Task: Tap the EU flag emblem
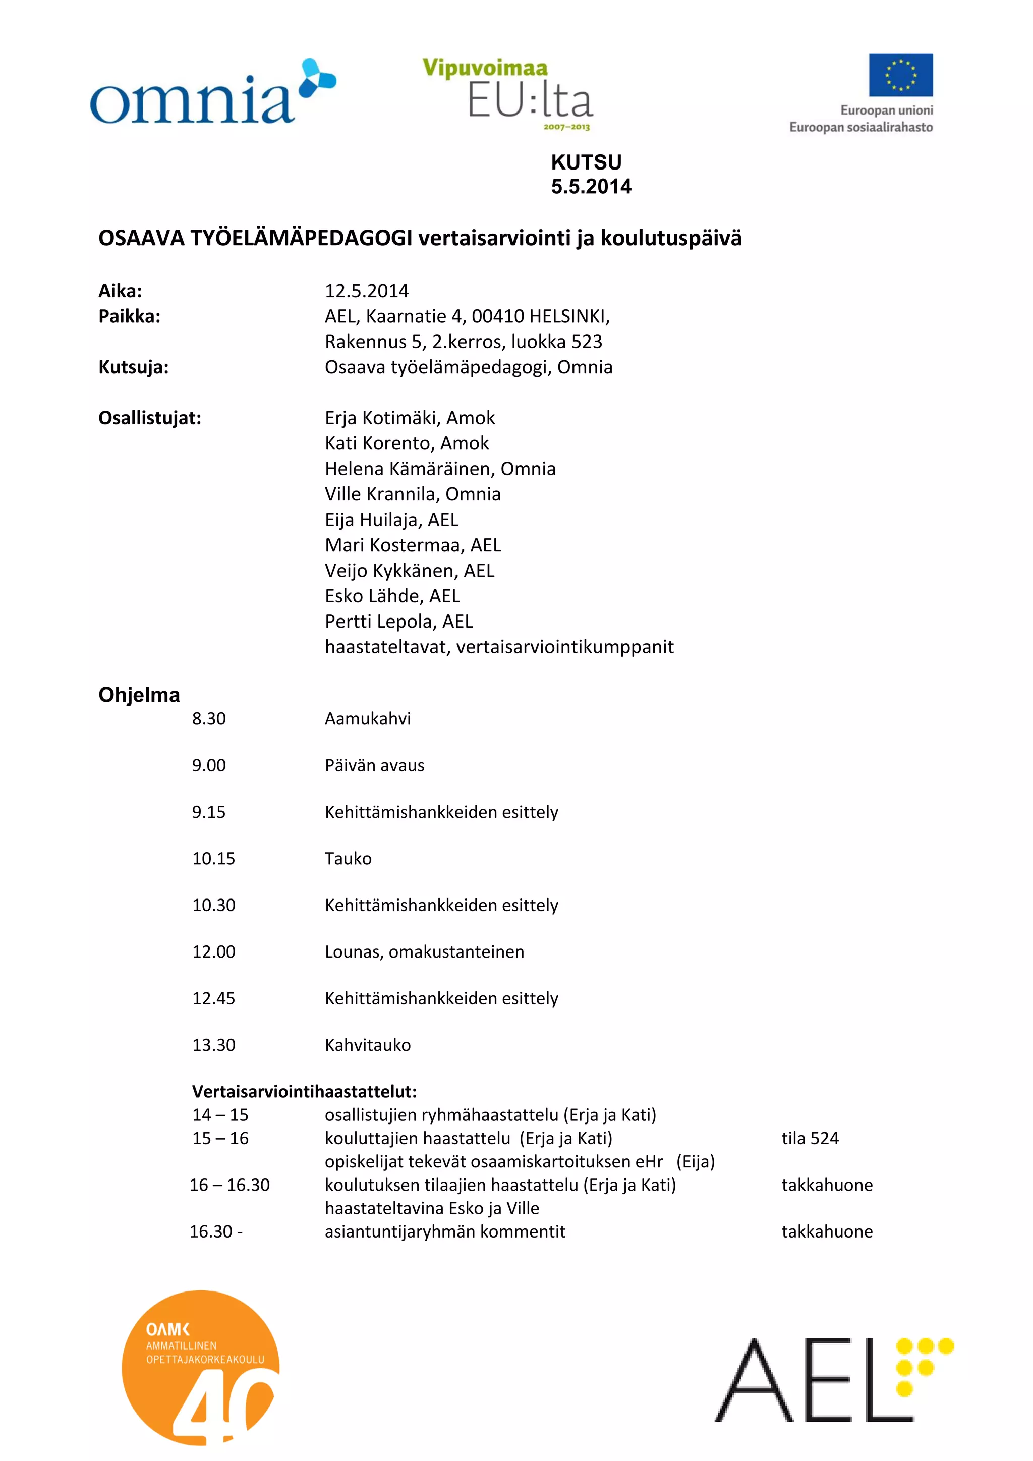tap(901, 75)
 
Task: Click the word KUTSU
tap(586, 162)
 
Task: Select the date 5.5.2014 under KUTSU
tap(591, 187)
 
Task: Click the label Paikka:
tap(129, 316)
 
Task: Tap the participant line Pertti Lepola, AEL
tap(399, 621)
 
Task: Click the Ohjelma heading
tap(139, 694)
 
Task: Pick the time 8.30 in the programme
tap(209, 718)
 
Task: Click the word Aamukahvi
tap(368, 718)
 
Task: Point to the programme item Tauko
tap(348, 859)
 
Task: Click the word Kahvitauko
tap(368, 1045)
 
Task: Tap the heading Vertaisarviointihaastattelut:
tap(304, 1091)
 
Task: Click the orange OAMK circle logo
tap(200, 1368)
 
